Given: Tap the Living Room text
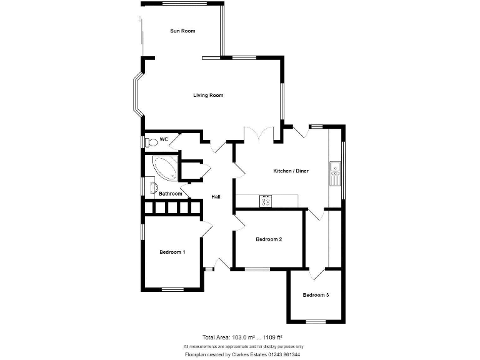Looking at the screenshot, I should (x=208, y=96).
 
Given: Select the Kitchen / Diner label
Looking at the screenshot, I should (x=291, y=171).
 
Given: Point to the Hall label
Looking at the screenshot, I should (x=216, y=197).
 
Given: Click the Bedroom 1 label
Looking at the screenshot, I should (x=172, y=252).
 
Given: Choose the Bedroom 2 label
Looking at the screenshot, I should (x=269, y=239).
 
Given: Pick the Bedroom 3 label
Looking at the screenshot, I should (x=316, y=295).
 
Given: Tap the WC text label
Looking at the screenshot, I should (x=164, y=139).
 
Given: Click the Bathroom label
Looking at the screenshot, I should (x=170, y=194).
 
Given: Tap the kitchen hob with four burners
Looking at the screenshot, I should (x=266, y=201).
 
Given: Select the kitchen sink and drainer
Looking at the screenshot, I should (x=335, y=173).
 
